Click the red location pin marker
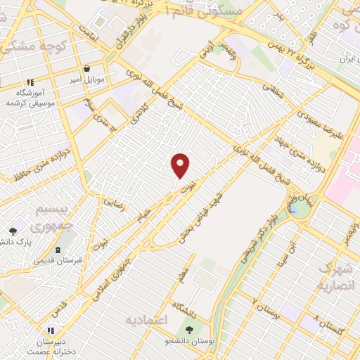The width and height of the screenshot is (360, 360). pyautogui.click(x=181, y=165)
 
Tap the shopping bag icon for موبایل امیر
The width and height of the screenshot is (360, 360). pyautogui.click(x=86, y=70)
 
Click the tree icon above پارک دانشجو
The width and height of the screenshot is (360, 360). pyautogui.click(x=13, y=231)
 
